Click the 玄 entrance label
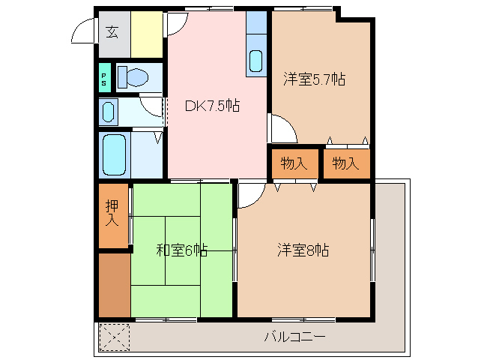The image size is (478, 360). [x=112, y=31]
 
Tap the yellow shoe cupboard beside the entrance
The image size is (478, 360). [x=147, y=34]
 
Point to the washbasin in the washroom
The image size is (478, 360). [x=108, y=112]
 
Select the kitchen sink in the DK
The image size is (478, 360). [x=255, y=60]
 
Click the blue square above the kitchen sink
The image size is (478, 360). [x=256, y=22]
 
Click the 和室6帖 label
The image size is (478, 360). [x=181, y=250]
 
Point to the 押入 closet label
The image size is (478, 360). [x=112, y=213]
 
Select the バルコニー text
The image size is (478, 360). [x=294, y=337]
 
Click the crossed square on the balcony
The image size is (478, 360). [x=114, y=337]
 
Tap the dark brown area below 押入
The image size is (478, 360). [x=114, y=285]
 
